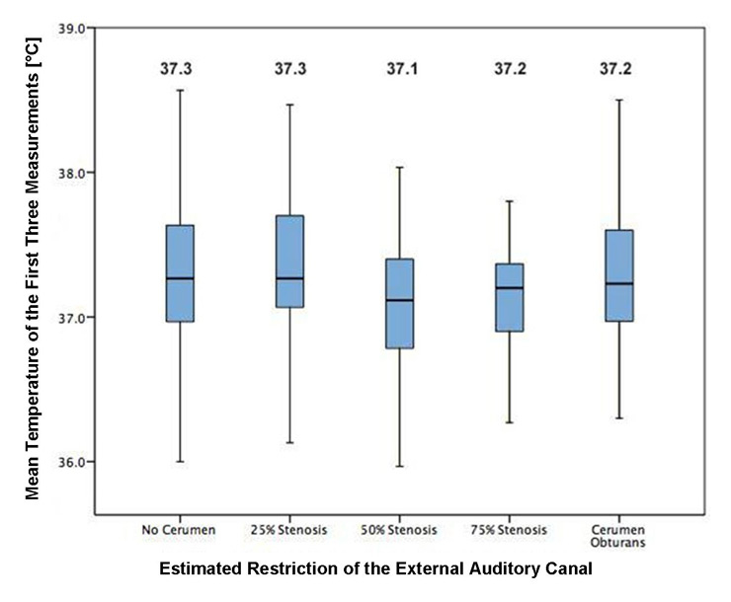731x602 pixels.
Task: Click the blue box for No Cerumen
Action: [x=180, y=273]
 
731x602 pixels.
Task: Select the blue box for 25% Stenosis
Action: [x=289, y=262]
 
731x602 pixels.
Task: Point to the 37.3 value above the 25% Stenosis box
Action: [x=289, y=69]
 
